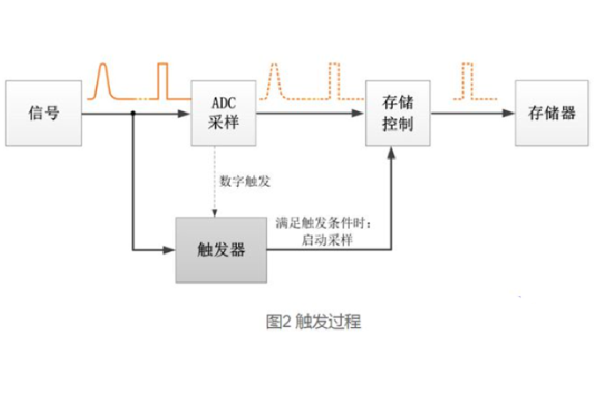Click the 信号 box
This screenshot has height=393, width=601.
click(44, 113)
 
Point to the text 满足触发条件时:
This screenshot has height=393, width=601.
click(324, 224)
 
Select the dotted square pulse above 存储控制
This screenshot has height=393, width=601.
click(334, 79)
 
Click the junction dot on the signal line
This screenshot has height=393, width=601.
click(132, 113)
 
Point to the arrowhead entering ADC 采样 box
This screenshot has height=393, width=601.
click(186, 113)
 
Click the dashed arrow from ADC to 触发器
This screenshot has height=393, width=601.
click(215, 181)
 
